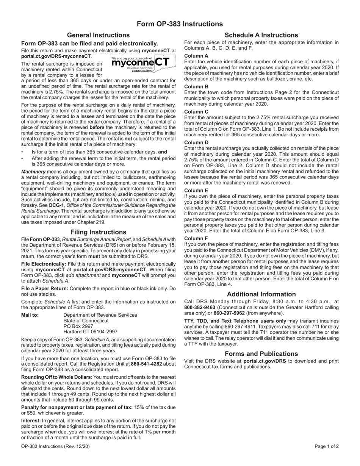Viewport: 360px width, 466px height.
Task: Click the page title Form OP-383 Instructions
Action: [x=180, y=24]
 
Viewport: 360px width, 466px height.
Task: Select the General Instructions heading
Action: [x=98, y=35]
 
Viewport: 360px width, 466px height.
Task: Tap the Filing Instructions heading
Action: [x=98, y=232]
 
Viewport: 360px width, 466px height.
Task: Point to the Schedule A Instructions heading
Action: [x=261, y=35]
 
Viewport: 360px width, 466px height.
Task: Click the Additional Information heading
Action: [x=261, y=294]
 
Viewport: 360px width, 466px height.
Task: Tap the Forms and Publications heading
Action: [x=261, y=353]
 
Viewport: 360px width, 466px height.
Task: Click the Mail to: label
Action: [x=30, y=315]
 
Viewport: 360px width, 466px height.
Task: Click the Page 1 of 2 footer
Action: [x=327, y=446]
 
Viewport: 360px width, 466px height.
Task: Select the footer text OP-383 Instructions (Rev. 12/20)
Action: [x=55, y=446]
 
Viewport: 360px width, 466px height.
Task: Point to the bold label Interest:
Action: [x=31, y=421]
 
